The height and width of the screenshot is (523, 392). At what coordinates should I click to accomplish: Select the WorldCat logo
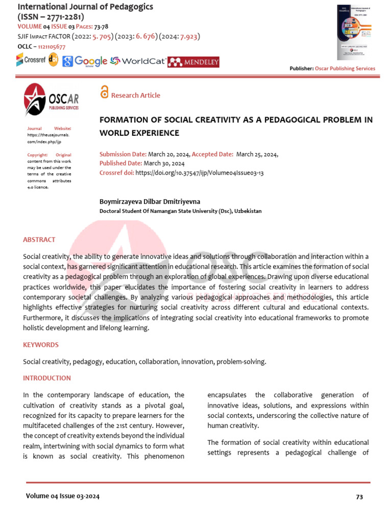pos(138,61)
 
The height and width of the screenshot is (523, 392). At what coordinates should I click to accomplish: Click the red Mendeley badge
pos(194,62)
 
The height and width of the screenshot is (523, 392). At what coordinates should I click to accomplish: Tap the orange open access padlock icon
pos(104,92)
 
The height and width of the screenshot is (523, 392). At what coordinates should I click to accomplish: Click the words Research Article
pos(135,96)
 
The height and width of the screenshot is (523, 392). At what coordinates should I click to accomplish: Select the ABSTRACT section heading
pos(39,240)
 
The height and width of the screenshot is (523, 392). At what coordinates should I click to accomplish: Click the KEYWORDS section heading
pos(41,345)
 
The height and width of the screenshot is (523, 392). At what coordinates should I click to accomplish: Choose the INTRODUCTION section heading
pos(47,378)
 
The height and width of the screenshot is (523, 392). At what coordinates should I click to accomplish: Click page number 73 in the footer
pos(359,496)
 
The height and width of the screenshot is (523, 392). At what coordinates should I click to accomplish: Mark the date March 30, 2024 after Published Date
pos(164,163)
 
